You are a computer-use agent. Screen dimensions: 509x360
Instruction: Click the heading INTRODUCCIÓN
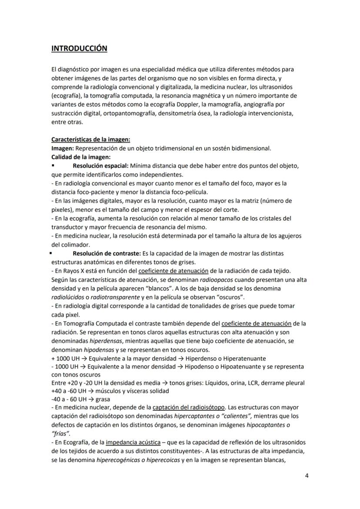pos(79,48)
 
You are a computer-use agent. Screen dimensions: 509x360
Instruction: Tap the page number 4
pos(307,476)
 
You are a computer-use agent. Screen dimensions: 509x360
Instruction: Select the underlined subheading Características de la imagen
pos(90,140)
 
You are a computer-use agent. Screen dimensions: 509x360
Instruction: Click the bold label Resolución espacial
pos(100,166)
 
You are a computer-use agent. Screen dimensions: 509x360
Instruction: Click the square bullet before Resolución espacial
pos(53,166)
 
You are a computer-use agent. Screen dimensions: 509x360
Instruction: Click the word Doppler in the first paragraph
pos(207,104)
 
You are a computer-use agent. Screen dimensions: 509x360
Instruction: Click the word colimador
pos(75,244)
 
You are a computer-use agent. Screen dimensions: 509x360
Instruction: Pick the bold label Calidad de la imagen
pos(80,157)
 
